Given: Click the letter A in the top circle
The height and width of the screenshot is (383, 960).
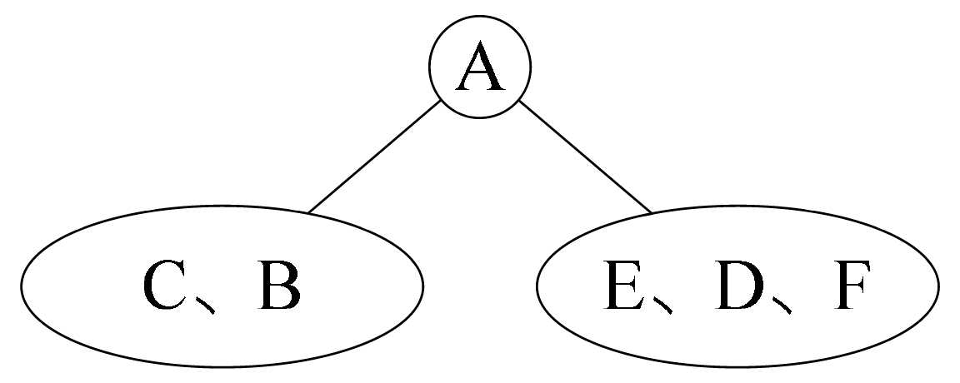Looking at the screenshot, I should pos(479,68).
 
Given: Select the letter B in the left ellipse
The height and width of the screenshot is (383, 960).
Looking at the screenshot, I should pos(278,286).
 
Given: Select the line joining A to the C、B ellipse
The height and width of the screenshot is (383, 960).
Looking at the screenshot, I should pos(374,157).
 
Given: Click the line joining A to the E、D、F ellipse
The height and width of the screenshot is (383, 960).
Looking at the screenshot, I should pos(584,157).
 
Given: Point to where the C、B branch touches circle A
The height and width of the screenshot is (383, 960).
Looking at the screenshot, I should pos(439,101).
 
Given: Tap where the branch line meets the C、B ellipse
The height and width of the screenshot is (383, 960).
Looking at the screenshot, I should pos(308,213).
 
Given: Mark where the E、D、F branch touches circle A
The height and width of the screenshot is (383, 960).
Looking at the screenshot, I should pos(518,101).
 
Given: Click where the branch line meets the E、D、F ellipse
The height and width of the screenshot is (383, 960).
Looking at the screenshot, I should pos(651,213).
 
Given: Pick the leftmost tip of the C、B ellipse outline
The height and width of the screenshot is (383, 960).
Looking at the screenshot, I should pos(21,287).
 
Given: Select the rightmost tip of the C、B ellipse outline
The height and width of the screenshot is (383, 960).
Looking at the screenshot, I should pos(423,287).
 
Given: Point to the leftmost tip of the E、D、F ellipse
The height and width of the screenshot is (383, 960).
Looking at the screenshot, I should pos(537,287).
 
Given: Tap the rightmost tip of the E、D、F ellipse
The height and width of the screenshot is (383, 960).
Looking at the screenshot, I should pos(939,287).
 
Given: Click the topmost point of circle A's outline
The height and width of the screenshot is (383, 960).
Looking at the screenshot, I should pos(479,17).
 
